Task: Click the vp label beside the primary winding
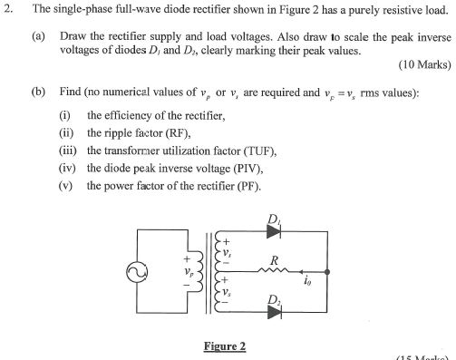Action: [189, 270]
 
